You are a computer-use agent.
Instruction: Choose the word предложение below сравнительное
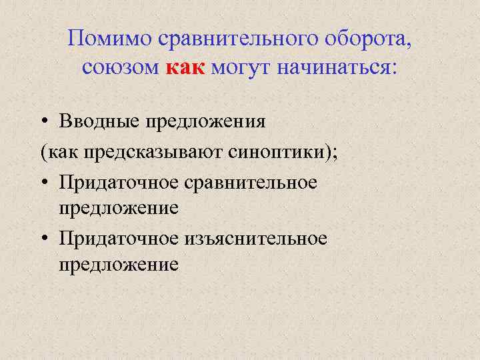tap(118, 208)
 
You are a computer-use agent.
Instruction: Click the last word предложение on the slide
tap(118, 265)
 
